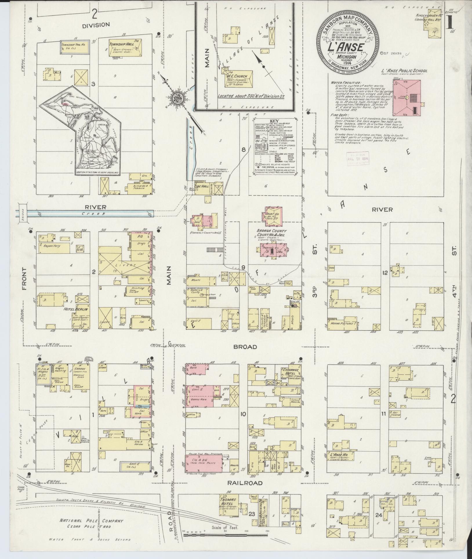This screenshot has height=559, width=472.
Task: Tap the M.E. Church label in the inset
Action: [x=237, y=76]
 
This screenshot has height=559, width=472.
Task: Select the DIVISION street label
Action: [x=96, y=25]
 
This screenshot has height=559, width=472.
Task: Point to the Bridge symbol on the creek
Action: [x=22, y=213]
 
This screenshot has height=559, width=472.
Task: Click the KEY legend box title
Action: [x=274, y=121]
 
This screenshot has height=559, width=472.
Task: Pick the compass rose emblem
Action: [x=177, y=99]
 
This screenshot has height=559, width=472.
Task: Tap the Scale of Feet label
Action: [x=225, y=528]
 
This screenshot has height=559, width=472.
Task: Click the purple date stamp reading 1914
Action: [x=357, y=158]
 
